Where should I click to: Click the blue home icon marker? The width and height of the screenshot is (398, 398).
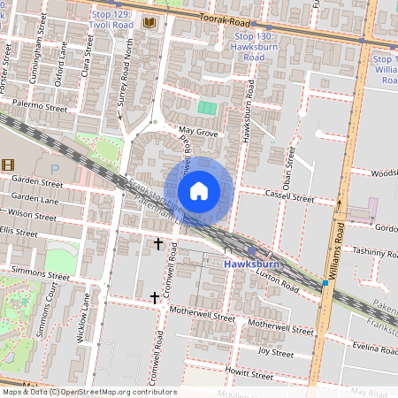199,190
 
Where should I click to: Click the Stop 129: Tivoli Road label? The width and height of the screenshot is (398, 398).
111,19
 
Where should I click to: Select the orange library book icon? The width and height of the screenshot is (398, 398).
149,21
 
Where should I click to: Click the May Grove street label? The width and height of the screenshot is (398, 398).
198,132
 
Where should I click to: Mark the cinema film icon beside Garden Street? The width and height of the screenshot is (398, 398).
8,165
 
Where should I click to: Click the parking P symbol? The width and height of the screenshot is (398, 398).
55,167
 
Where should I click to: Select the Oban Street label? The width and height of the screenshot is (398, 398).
288,164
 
